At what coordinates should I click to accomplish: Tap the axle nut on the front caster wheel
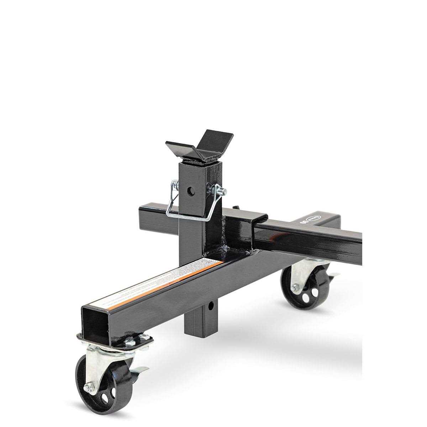(x=88, y=387)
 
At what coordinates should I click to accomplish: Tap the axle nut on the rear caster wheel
(x=295, y=288)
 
